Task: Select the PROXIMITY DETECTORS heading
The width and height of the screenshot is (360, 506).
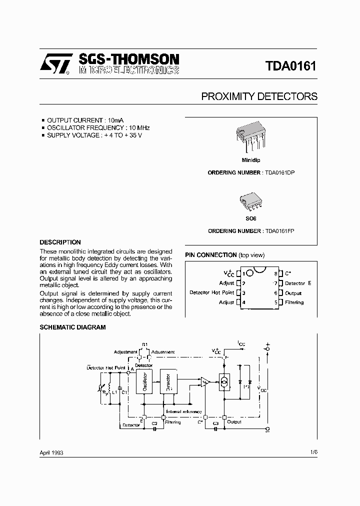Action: (259, 96)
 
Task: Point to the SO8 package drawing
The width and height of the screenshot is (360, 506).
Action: (250, 202)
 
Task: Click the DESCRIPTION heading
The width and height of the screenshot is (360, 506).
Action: (60, 242)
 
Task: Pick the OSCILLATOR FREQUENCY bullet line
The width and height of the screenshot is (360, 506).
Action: (98, 127)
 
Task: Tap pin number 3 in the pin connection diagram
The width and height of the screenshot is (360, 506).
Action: (243, 293)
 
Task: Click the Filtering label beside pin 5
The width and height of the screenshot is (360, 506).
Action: (294, 302)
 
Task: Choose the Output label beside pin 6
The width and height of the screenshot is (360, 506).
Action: (293, 293)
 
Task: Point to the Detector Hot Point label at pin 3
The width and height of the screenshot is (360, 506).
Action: (211, 292)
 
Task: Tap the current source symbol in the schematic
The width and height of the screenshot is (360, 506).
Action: (224, 382)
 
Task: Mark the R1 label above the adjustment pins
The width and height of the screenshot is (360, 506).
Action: (144, 344)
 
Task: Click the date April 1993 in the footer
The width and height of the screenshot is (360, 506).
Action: (51, 452)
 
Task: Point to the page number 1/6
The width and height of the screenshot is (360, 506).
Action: (313, 451)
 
